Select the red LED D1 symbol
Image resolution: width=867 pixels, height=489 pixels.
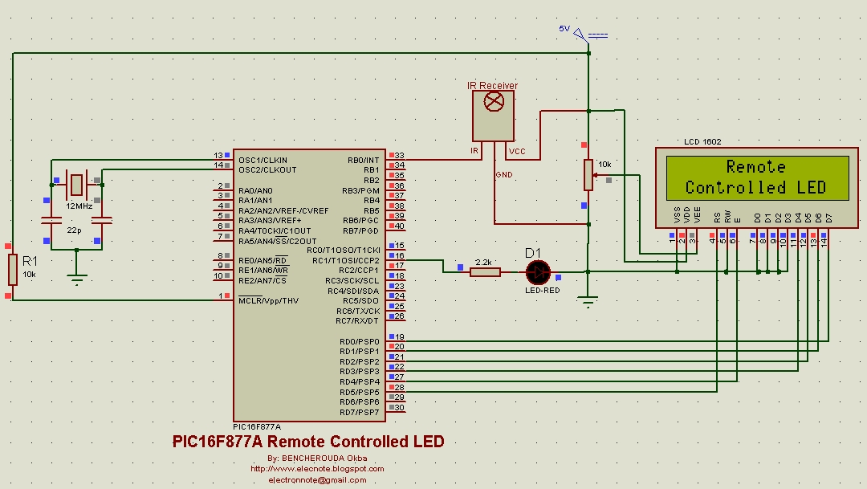[536, 272]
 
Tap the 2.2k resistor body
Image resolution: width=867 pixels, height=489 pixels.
[484, 272]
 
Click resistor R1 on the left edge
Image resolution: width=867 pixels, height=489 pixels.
[12, 270]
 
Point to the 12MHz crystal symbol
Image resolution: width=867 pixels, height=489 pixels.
[76, 185]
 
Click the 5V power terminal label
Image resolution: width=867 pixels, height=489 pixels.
[564, 29]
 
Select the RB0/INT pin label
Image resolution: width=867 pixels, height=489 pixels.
[363, 160]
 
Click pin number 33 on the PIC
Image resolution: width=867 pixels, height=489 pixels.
[399, 155]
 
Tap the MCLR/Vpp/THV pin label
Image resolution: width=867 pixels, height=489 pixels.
[268, 300]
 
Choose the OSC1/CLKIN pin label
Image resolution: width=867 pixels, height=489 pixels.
[263, 160]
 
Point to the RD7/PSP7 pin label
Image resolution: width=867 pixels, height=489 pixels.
[359, 412]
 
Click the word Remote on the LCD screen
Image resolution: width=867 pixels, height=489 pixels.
[755, 167]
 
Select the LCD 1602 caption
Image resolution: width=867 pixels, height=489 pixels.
[702, 142]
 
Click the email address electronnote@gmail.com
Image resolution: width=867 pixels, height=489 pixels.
[317, 479]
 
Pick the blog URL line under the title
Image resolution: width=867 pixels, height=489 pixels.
[317, 469]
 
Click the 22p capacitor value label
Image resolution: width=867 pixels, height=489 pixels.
[74, 230]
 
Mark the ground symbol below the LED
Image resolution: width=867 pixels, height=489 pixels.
[588, 302]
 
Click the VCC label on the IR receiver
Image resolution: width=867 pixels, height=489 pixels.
[517, 151]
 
